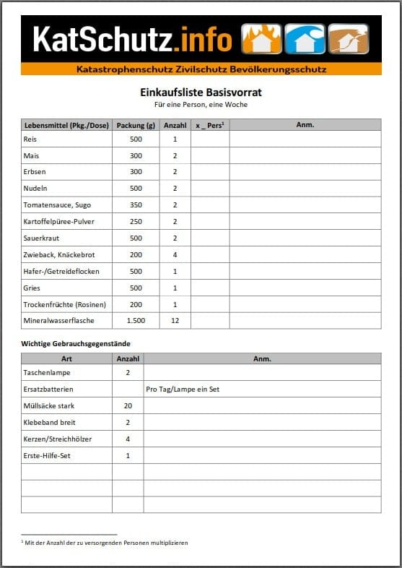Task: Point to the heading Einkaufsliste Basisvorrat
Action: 201,92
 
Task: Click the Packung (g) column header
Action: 136,125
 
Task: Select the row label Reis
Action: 30,139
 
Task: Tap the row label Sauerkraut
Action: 41,238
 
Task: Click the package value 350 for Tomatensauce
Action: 136,205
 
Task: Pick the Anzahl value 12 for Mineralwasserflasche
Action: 175,320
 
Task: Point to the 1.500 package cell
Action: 136,320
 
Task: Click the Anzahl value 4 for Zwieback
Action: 175,254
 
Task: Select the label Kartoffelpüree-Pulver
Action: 58,221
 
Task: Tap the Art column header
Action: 66,358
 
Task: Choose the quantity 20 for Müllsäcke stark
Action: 128,405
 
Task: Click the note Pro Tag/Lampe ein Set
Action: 183,389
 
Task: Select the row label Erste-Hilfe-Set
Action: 47,455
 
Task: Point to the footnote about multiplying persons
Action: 105,542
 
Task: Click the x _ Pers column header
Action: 210,125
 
